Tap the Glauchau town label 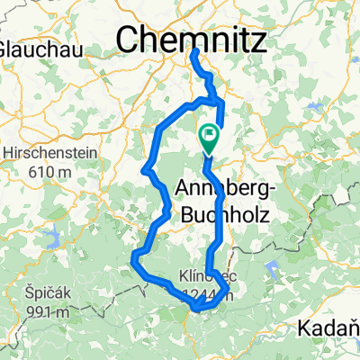27,46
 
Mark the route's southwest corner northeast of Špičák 134,261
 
